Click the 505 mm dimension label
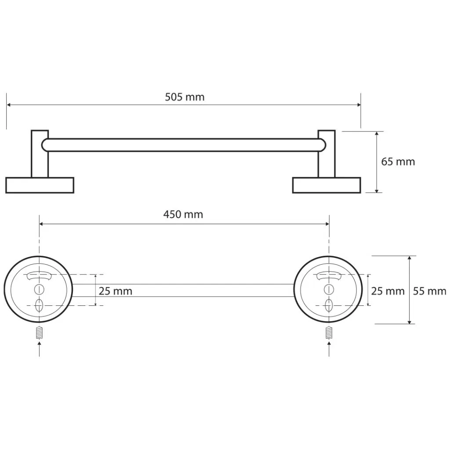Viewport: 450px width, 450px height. coord(185,97)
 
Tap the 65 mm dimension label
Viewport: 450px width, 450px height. coord(398,162)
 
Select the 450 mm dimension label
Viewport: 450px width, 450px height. coord(183,214)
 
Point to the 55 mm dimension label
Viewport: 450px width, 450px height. coord(430,291)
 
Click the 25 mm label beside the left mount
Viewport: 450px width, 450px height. coord(116,291)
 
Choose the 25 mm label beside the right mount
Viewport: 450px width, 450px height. coord(388,291)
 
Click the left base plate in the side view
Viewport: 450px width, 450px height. coord(40,185)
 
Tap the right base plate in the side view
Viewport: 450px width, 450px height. coord(327,185)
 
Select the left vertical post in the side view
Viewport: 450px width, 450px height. coord(40,154)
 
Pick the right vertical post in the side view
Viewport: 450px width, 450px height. coord(327,154)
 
